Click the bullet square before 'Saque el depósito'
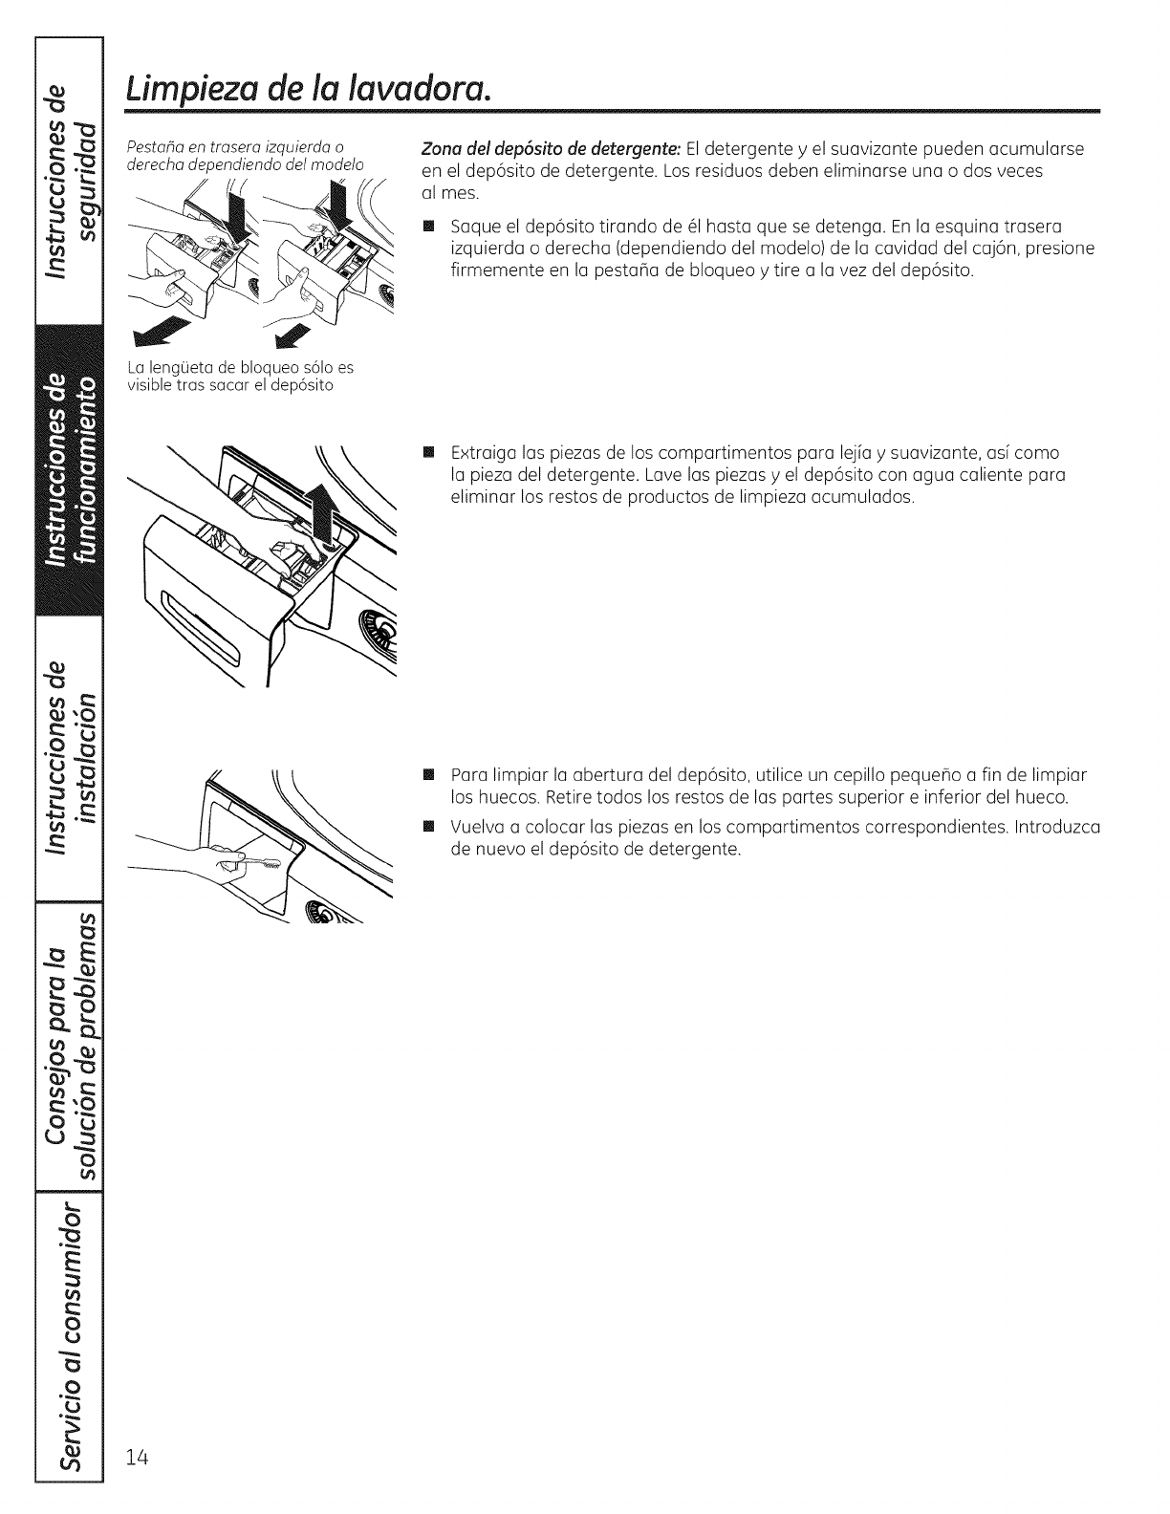click(428, 227)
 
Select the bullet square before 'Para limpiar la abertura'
click(428, 775)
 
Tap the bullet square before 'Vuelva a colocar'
click(428, 827)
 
